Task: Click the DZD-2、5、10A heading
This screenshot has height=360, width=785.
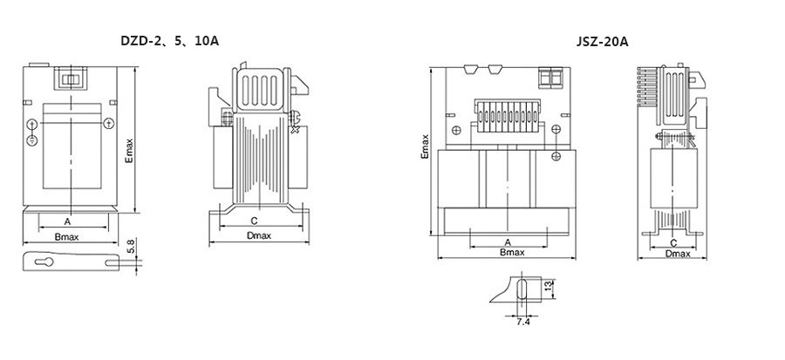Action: (170, 41)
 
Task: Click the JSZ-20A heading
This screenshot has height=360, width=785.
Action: (602, 42)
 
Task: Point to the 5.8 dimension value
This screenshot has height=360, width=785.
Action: (131, 247)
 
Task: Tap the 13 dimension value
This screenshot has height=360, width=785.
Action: (548, 287)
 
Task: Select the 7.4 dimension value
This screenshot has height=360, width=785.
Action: (523, 322)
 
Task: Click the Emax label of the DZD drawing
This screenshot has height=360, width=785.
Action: (129, 152)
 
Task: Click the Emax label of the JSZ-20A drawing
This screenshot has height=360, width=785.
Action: (425, 146)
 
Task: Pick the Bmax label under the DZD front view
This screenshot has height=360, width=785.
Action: (66, 236)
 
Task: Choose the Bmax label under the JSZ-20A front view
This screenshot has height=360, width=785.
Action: (512, 253)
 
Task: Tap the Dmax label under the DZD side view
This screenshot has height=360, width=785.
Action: (259, 236)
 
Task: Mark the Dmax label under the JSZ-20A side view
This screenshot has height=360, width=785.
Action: (678, 254)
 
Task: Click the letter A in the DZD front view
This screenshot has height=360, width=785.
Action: (67, 221)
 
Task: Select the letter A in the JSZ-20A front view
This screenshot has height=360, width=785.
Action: (508, 242)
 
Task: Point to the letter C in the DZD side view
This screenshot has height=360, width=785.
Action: (254, 221)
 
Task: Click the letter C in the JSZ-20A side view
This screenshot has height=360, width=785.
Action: (673, 243)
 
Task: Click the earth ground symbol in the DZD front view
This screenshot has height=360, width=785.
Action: (32, 139)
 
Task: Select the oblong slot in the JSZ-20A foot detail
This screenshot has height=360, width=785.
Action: (522, 289)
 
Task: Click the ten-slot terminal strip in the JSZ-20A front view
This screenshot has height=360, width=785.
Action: (507, 117)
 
